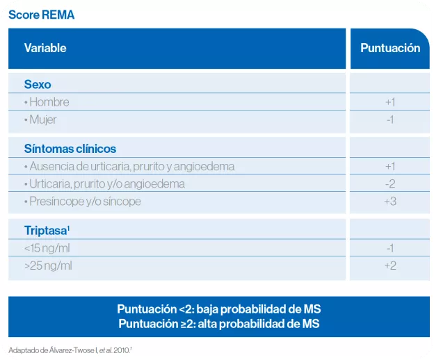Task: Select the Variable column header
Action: [x=45, y=48]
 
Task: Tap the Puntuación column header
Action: [x=390, y=48]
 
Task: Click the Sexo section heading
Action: [x=38, y=84]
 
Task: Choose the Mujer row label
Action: [x=42, y=120]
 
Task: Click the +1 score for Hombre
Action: [x=390, y=102]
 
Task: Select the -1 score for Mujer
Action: [x=390, y=120]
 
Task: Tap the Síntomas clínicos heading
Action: [x=70, y=149]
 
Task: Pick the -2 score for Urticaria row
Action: [x=390, y=184]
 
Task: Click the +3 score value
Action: [x=390, y=202]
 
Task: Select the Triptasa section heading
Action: [x=47, y=231]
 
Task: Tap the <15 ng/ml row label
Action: [x=47, y=249]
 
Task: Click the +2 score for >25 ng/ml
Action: [x=390, y=266]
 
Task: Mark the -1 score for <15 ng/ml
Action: [x=390, y=249]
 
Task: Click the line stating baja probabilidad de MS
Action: [x=219, y=309]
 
